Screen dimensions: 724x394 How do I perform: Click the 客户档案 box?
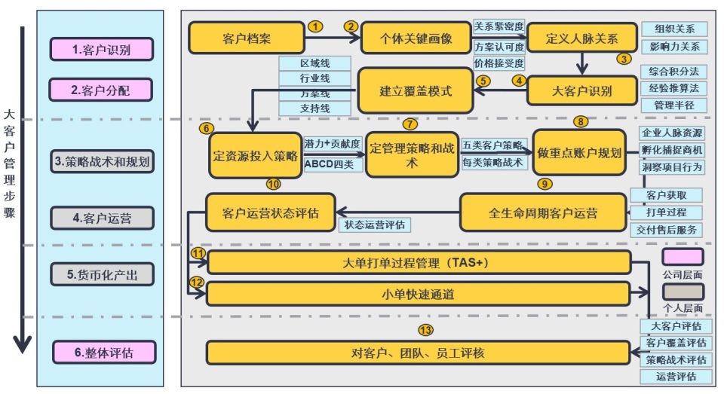coord(247,38)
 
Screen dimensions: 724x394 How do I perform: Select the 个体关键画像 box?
coord(416,38)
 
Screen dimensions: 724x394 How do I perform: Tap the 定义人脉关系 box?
coord(581,38)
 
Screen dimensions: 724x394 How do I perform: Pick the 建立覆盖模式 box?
coord(416,90)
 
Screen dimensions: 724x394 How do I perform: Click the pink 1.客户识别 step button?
coord(102,50)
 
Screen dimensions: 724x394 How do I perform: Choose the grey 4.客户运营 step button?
coord(102,218)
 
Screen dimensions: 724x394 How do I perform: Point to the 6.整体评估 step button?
coord(104,353)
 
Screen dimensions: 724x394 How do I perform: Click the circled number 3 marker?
coord(624,59)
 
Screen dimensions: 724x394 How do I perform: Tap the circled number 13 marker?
coord(425,330)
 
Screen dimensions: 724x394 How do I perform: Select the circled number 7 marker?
coord(410,124)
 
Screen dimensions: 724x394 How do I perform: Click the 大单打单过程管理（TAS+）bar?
coord(419,262)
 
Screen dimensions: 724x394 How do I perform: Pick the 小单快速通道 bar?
coord(418,294)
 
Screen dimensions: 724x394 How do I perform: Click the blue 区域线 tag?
coord(315,63)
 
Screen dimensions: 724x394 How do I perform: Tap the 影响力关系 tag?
coord(674,47)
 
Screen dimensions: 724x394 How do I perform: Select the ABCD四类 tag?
coord(330,164)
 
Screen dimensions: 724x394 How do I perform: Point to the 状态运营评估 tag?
coord(375,224)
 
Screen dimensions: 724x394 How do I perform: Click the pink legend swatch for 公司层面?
coord(683,257)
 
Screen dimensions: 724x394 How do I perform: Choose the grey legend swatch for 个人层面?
coord(683,292)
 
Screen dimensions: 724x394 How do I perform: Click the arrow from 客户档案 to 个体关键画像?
coord(333,38)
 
